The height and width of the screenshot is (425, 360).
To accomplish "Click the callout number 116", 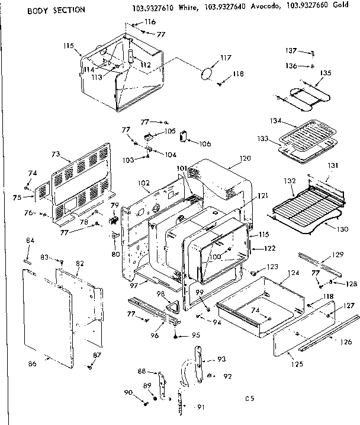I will click(150, 22).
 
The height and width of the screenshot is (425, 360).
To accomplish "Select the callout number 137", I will click(291, 52).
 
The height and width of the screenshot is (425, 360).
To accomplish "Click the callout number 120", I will click(245, 158).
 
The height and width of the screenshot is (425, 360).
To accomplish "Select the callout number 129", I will click(337, 254).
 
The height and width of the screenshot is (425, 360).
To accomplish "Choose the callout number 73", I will click(56, 154).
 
